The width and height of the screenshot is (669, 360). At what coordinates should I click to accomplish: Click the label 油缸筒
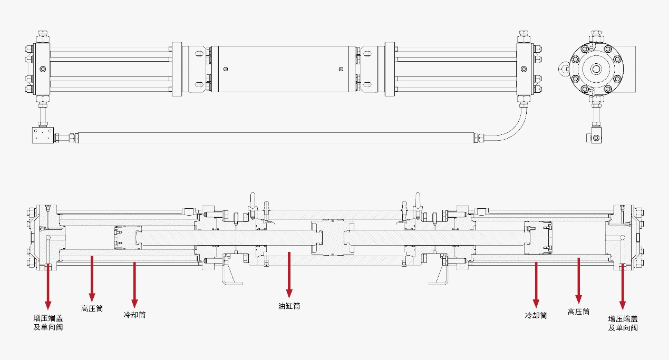[x=289, y=306]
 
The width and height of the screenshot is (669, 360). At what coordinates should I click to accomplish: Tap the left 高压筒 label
[x=92, y=308]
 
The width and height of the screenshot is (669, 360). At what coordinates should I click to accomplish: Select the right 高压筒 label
[x=578, y=312]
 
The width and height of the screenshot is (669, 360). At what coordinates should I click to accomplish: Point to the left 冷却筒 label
[x=134, y=315]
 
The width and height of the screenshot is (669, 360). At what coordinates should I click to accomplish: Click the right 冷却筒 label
[x=536, y=315]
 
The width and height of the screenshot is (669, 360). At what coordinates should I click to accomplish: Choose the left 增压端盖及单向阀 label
[x=48, y=323]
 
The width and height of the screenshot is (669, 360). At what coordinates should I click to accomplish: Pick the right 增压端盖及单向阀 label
[x=623, y=323]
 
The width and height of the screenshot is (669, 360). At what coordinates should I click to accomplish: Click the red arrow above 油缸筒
[x=289, y=275]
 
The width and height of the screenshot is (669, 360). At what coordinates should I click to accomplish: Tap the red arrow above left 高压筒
[x=92, y=278]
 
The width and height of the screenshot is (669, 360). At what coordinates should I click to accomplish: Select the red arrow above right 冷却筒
[x=536, y=285]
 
